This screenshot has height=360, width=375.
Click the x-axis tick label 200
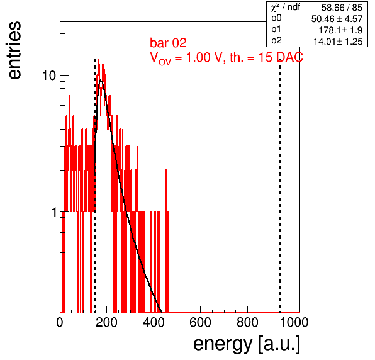(x=106, y=322)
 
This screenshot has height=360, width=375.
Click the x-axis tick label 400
(x=154, y=322)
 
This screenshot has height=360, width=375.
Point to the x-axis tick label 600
(x=201, y=322)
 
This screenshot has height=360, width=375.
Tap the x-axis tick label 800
(x=247, y=322)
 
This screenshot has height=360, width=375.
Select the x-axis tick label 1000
(x=294, y=322)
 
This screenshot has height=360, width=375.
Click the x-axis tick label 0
(x=60, y=322)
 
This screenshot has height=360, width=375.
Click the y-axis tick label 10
(x=49, y=76)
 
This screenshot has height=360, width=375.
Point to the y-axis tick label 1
(x=54, y=212)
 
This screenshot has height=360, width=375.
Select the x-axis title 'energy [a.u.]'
(x=247, y=344)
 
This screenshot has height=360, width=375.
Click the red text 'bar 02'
(x=168, y=43)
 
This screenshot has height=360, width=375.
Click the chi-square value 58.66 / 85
(x=342, y=8)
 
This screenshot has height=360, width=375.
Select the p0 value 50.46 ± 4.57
(x=337, y=19)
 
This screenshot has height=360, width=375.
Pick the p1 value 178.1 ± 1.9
(x=340, y=30)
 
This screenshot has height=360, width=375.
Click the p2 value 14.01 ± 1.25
(x=338, y=42)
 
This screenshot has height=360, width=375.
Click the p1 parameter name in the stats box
(x=276, y=30)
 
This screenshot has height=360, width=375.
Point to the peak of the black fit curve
(x=101, y=81)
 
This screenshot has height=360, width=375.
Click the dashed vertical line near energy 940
(x=280, y=186)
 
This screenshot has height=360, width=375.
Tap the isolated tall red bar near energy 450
(x=165, y=241)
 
